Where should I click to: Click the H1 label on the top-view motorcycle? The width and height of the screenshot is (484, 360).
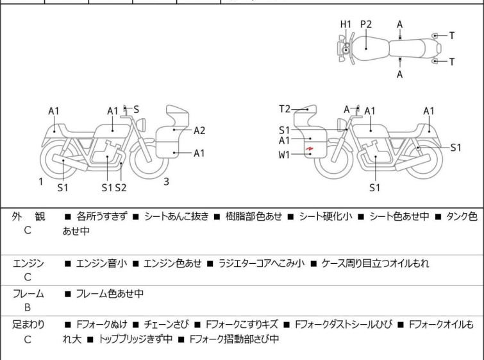point(346,24)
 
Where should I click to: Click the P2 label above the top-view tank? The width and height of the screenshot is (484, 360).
point(366,24)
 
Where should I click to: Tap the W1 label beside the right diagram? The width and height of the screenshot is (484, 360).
point(284,154)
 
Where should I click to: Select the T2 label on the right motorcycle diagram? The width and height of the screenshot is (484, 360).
point(285,109)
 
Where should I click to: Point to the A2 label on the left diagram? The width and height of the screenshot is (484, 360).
point(199,131)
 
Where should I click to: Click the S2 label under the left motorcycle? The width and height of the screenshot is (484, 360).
point(121,187)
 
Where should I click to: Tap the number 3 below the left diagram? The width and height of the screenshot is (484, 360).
point(166,182)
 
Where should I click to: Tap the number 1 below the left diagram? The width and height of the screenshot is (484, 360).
point(41,182)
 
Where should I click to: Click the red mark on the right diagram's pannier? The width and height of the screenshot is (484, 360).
point(310,151)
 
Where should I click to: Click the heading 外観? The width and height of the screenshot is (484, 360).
point(28,217)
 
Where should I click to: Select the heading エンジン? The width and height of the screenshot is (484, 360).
point(28,263)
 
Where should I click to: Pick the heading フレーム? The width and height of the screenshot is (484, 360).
point(28,294)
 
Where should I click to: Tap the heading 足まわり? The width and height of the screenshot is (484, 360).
point(28,325)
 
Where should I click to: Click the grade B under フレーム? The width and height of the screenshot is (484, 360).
point(28,307)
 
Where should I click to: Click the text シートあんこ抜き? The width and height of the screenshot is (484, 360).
point(176,217)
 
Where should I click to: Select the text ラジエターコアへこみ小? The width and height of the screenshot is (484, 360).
point(262,263)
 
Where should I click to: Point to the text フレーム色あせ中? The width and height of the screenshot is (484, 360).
point(110,294)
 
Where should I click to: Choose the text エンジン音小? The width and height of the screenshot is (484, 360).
point(101,263)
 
